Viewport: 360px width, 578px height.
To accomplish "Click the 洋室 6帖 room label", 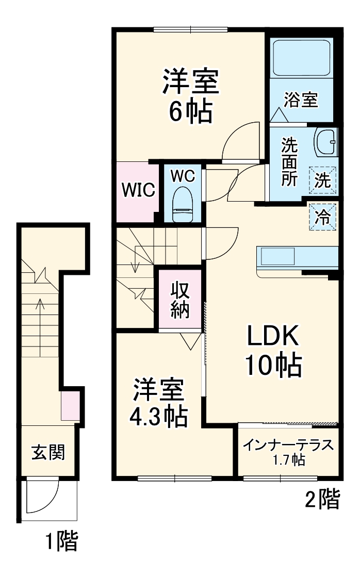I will pos(191,96).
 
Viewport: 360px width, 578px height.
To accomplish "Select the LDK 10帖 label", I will pos(273,351).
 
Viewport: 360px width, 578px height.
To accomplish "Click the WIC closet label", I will pos(138,190).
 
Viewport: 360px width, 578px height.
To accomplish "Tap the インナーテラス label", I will pos(289,450).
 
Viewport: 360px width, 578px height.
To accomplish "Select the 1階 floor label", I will pos(60,541).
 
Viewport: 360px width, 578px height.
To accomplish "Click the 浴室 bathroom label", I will pos(301,100).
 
